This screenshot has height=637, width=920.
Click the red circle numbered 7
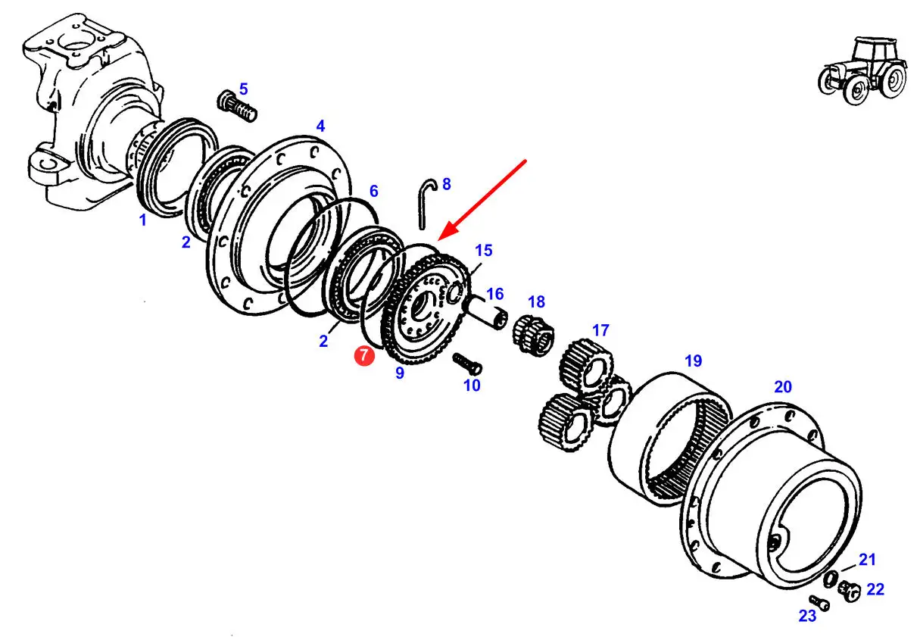point(364,355)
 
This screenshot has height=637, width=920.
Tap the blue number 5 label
point(244,89)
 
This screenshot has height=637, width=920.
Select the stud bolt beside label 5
point(236,106)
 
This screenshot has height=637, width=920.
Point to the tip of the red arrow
point(438,240)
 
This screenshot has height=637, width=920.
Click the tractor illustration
point(862,70)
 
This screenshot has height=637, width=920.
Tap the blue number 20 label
point(783,387)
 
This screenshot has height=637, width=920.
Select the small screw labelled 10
point(467,364)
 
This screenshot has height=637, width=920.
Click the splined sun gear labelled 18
point(533,333)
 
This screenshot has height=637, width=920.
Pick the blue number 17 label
point(600,330)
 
